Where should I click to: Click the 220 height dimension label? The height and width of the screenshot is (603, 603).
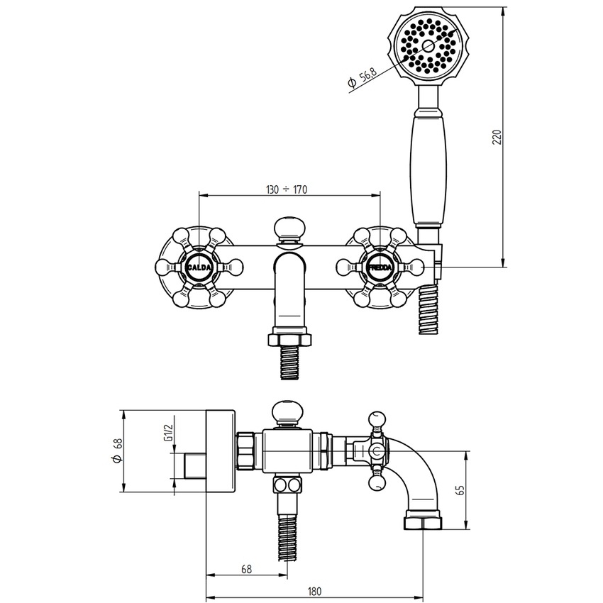tap(497, 138)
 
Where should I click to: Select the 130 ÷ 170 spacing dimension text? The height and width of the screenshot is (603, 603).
tap(287, 189)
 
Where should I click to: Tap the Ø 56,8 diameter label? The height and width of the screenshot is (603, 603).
tap(362, 78)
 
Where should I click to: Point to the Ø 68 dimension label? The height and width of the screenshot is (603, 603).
tap(117, 450)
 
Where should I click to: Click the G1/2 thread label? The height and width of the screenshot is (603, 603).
tap(167, 433)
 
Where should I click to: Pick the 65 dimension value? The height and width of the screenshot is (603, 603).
tap(460, 490)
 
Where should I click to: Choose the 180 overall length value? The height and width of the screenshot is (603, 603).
tap(314, 591)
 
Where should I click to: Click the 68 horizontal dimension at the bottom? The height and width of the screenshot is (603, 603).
tap(246, 569)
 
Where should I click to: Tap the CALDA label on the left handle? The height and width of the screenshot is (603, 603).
tap(199, 267)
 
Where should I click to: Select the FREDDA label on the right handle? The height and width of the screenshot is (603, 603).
tap(380, 267)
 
